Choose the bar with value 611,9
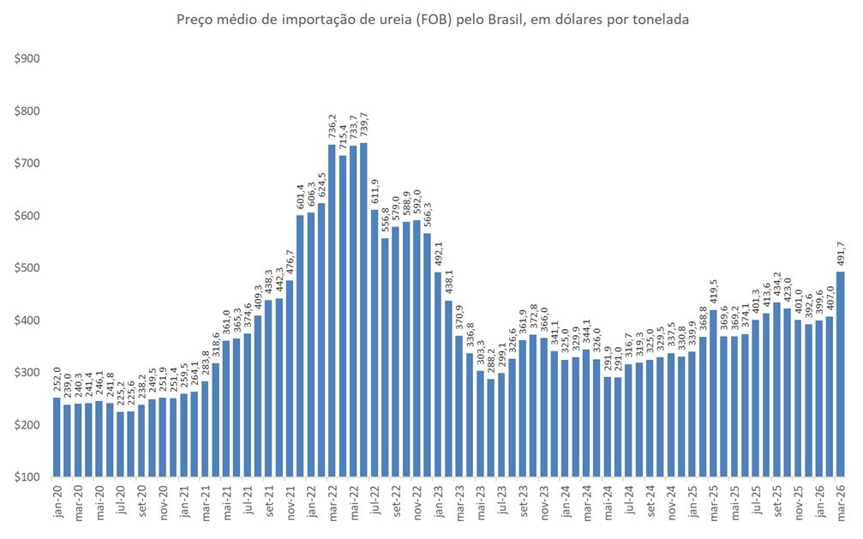point(375,343)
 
